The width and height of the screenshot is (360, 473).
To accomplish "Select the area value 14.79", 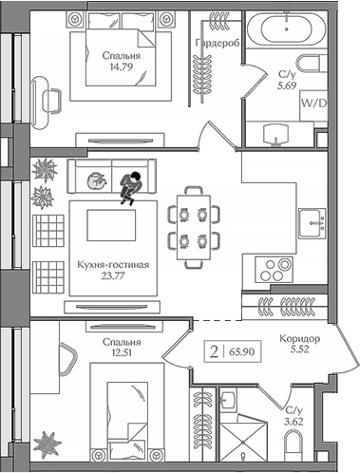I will [x=121, y=66].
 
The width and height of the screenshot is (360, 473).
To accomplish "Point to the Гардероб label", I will [x=214, y=45].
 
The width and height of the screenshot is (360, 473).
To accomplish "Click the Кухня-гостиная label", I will [x=112, y=265].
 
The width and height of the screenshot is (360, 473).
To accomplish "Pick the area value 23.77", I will [x=112, y=277].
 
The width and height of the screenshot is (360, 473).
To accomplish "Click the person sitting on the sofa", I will [x=130, y=185].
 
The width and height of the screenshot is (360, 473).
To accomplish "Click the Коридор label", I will [x=299, y=338].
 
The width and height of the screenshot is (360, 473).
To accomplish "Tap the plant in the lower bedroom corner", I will [x=47, y=444].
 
